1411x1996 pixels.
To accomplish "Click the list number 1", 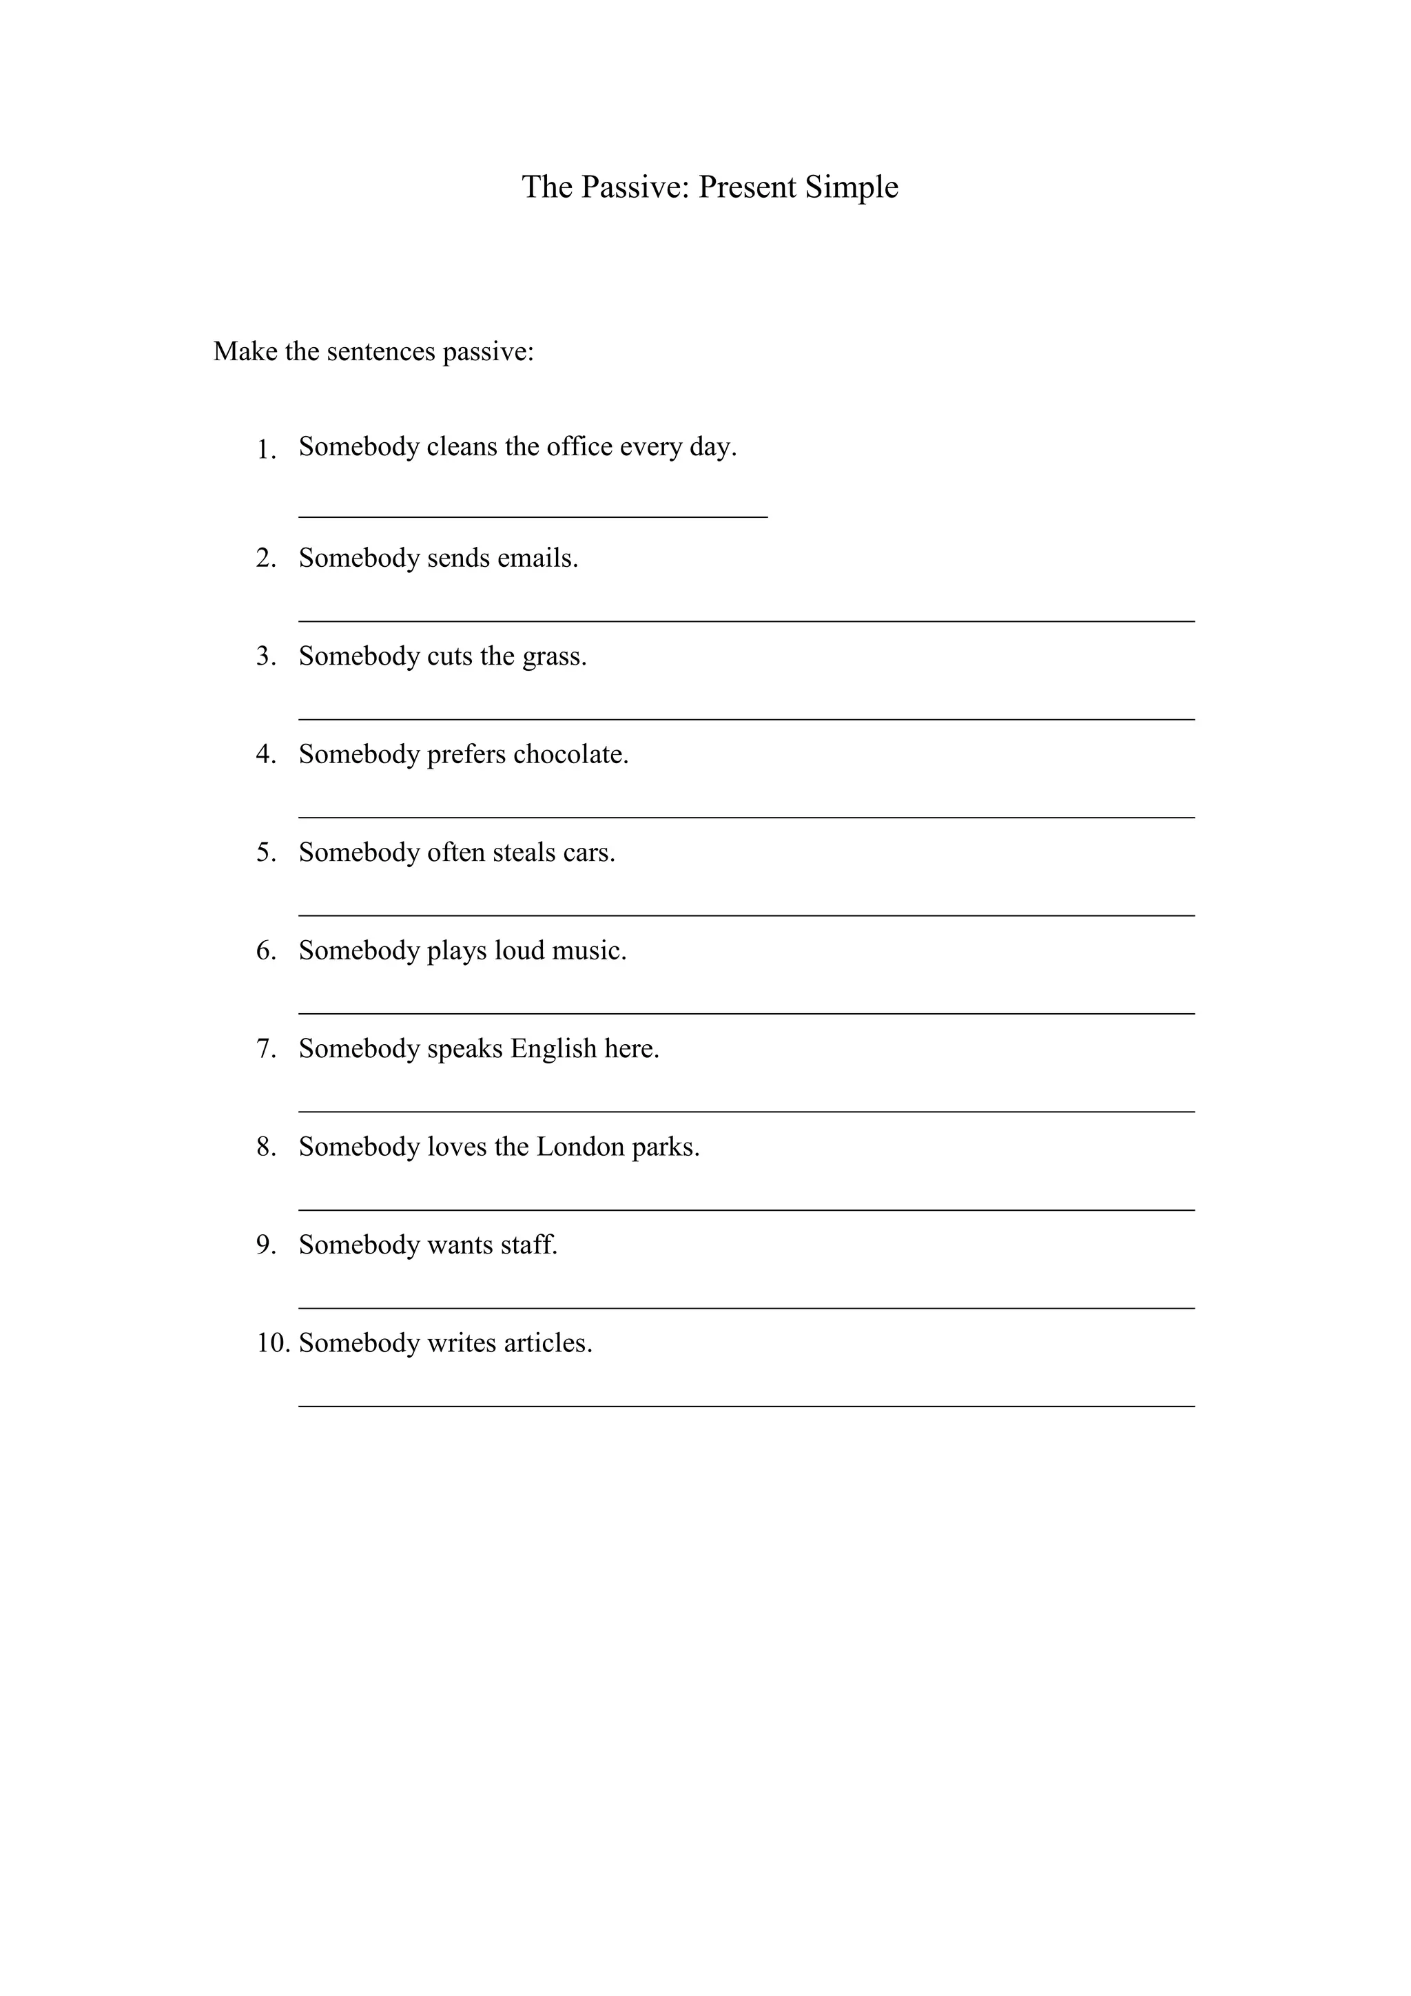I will [x=265, y=450].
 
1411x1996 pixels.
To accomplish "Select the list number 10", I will [x=272, y=1343].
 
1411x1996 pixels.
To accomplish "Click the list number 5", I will [x=265, y=852].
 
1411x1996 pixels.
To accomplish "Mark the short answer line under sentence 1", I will [x=533, y=517].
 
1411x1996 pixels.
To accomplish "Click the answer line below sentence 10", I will [x=746, y=1406].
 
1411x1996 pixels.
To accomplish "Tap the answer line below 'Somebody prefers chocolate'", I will [x=746, y=817].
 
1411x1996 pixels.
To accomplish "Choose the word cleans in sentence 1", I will [x=462, y=446].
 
